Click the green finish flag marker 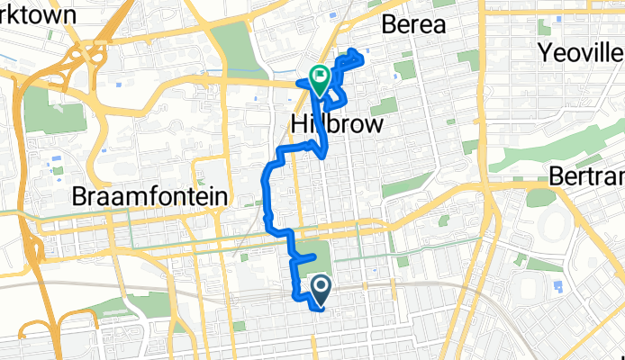pos(319,79)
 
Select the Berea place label pos(413,24)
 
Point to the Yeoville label pos(581,50)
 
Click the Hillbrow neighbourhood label pos(338,124)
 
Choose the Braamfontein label pos(151,195)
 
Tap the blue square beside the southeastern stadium pos(558,286)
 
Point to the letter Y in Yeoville pos(546,50)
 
